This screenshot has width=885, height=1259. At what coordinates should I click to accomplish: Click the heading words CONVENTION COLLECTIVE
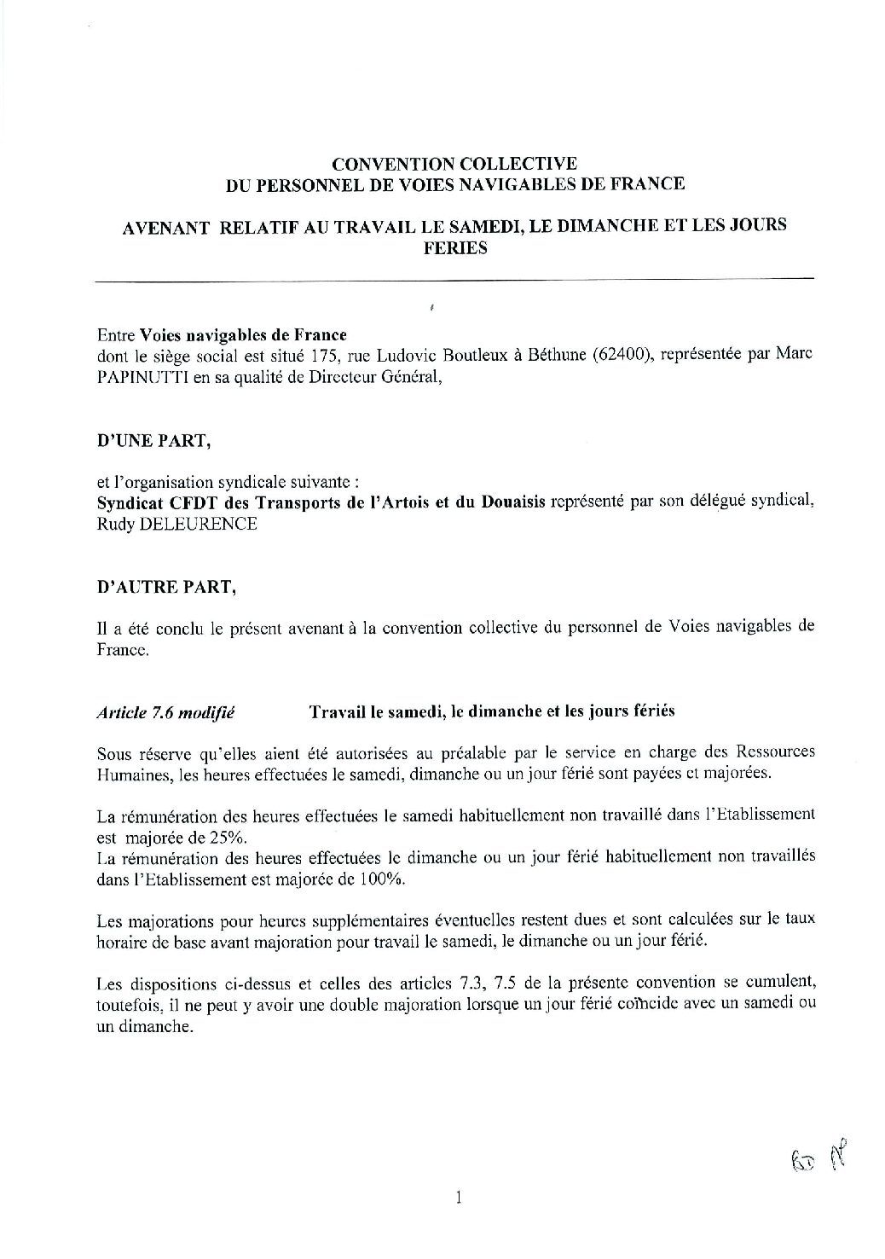coord(454,164)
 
